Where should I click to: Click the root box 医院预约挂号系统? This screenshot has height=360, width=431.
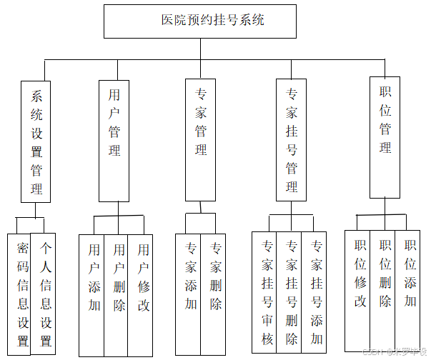coord(200,21)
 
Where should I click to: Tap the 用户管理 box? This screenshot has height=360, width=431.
coord(114,141)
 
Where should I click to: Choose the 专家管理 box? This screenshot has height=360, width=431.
coord(200,141)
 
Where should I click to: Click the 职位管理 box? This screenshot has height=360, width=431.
coord(385,136)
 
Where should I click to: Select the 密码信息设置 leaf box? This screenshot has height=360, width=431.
coord(20,294)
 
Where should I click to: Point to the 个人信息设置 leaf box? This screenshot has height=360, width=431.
coord(44,294)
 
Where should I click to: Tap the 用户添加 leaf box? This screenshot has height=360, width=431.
coord(92,294)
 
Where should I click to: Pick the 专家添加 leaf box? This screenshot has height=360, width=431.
coord(188,293)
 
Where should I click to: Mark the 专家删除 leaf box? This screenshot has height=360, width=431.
coord(213,293)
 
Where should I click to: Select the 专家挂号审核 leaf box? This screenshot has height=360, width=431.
coord(264,291)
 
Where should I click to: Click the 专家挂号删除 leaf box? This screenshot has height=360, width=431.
coord(289,291)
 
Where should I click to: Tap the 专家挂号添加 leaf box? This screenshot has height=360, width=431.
coord(314,291)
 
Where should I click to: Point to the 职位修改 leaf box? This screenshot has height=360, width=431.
coord(357,289)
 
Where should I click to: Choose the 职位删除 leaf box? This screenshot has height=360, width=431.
coord(383,289)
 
